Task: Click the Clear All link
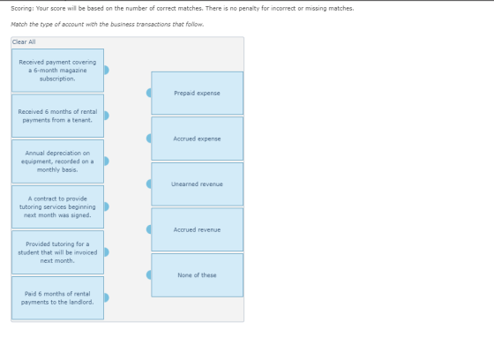[x=24, y=42]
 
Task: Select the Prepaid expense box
[x=198, y=93]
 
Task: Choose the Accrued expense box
[x=198, y=139]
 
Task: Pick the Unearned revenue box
[x=198, y=184]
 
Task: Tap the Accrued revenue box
[x=198, y=229]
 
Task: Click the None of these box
[x=198, y=275]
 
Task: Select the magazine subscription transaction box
[x=57, y=71]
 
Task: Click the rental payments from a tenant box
[x=57, y=116]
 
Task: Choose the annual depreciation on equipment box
[x=57, y=161]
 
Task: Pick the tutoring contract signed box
[x=57, y=206]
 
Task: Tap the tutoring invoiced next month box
[x=57, y=252]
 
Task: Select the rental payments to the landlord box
[x=57, y=298]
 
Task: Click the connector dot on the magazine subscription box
[x=106, y=70]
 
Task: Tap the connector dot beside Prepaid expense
[x=149, y=93]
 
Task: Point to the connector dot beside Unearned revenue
[x=149, y=184]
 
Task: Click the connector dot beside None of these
[x=149, y=275]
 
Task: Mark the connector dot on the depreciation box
[x=106, y=161]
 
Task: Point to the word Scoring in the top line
[x=22, y=9]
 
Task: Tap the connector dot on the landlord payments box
[x=106, y=297]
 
